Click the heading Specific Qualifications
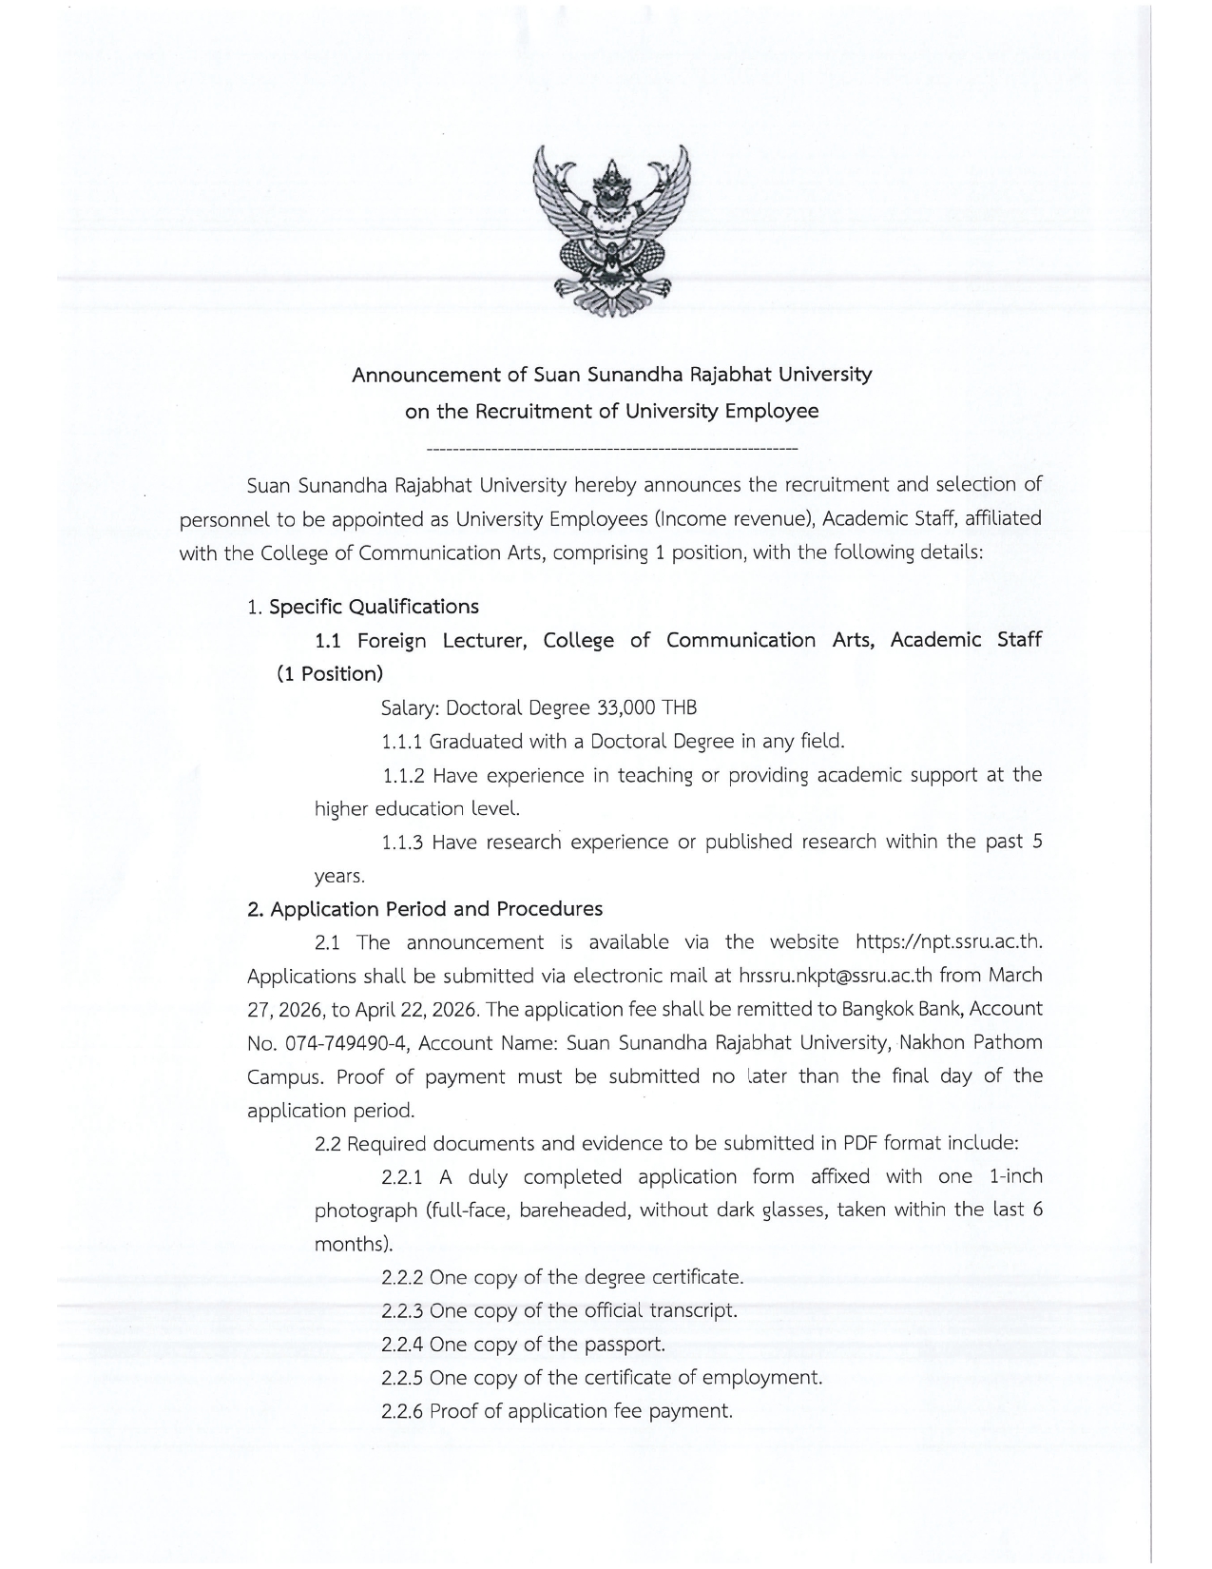click(x=374, y=607)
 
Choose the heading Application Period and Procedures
click(x=436, y=909)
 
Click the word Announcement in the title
click(x=427, y=375)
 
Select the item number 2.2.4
click(x=402, y=1345)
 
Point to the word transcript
click(x=692, y=1311)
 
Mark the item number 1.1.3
click(x=401, y=843)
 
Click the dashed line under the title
click(x=612, y=447)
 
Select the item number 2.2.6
click(x=402, y=1411)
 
